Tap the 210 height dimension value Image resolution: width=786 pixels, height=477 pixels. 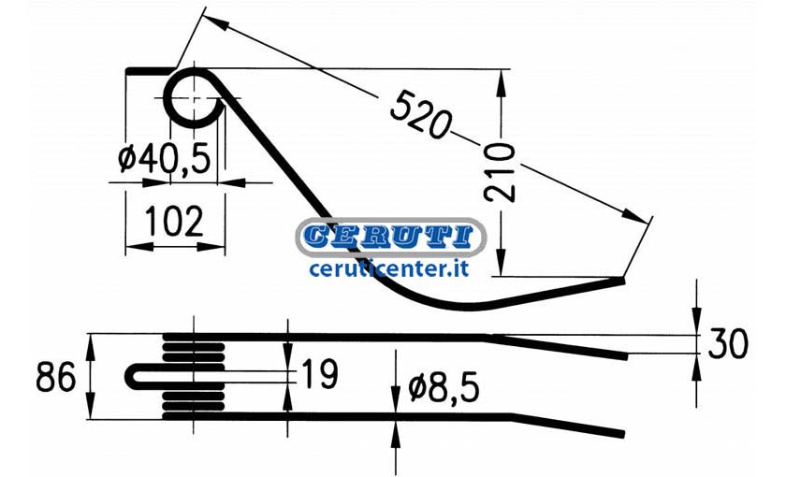tap(500, 172)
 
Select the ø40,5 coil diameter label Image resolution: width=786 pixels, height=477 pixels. tap(165, 159)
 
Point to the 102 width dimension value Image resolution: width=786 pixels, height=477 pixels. tap(174, 221)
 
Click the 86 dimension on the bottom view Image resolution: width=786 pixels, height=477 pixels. tap(55, 377)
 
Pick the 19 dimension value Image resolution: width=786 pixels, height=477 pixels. tap(320, 374)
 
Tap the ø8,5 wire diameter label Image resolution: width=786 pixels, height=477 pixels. tap(444, 388)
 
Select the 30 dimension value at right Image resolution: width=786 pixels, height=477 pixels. tap(728, 344)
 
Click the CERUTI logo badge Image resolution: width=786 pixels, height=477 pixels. tap(391, 237)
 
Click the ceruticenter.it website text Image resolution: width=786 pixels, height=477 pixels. tap(389, 269)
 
